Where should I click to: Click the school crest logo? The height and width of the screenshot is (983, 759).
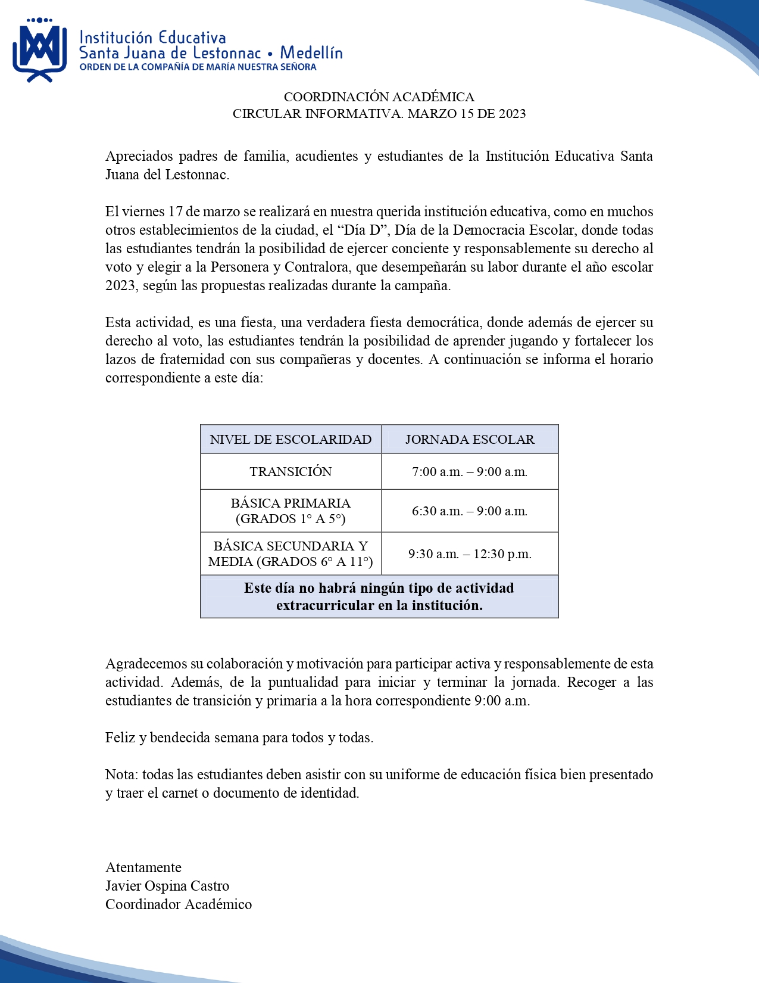pos(39,50)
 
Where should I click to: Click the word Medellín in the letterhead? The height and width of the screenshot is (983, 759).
pos(311,53)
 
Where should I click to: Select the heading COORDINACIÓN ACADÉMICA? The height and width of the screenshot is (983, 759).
pos(379,97)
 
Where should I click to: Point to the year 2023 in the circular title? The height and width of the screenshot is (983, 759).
pos(512,114)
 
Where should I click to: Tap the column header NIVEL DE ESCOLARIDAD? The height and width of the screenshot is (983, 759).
pos(291,440)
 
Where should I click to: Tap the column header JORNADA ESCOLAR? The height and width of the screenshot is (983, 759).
pos(470,440)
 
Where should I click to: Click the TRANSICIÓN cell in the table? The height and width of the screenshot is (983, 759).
pos(291,472)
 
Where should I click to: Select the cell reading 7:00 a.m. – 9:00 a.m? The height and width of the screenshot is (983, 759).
pos(470,472)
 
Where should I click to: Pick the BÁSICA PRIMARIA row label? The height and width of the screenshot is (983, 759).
pos(291,511)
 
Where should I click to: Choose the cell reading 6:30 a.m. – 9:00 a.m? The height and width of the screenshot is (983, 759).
pos(470,511)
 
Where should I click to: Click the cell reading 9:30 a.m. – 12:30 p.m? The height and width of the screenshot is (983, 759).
pos(470,554)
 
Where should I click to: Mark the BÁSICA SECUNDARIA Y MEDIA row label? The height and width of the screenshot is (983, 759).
pos(291,553)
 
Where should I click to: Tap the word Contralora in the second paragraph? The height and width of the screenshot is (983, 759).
pos(316,267)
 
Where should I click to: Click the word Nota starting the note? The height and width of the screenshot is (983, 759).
pos(121,774)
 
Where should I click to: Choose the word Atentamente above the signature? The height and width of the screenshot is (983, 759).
pos(143,867)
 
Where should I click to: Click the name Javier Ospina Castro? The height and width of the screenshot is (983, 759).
pos(167,886)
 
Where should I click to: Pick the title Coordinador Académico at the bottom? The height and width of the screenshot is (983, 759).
pos(179,904)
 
